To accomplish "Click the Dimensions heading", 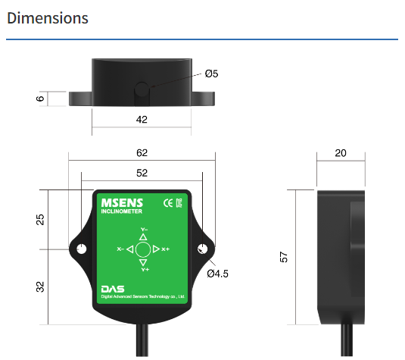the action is point(48,18).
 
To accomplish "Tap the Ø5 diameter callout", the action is point(211,74).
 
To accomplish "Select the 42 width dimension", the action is point(142,120).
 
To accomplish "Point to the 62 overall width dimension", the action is point(142,153).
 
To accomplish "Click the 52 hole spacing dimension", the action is point(142,173).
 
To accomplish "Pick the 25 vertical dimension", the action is point(40,220).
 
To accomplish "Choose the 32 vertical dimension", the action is point(40,286).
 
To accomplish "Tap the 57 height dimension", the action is point(284,257).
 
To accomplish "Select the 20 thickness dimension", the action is point(341,153).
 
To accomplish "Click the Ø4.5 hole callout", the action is point(217,274).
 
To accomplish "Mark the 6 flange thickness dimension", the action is point(40,99).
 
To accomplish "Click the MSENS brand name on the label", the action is point(122,203).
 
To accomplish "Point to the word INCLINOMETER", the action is point(121,211).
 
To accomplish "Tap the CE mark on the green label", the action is point(168,203).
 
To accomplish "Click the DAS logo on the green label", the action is point(113,289).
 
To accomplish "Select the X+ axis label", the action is point(165,249).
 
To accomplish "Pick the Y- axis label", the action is point(144,230).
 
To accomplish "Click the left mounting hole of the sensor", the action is point(82,249).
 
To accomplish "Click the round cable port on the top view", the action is point(142,89).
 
